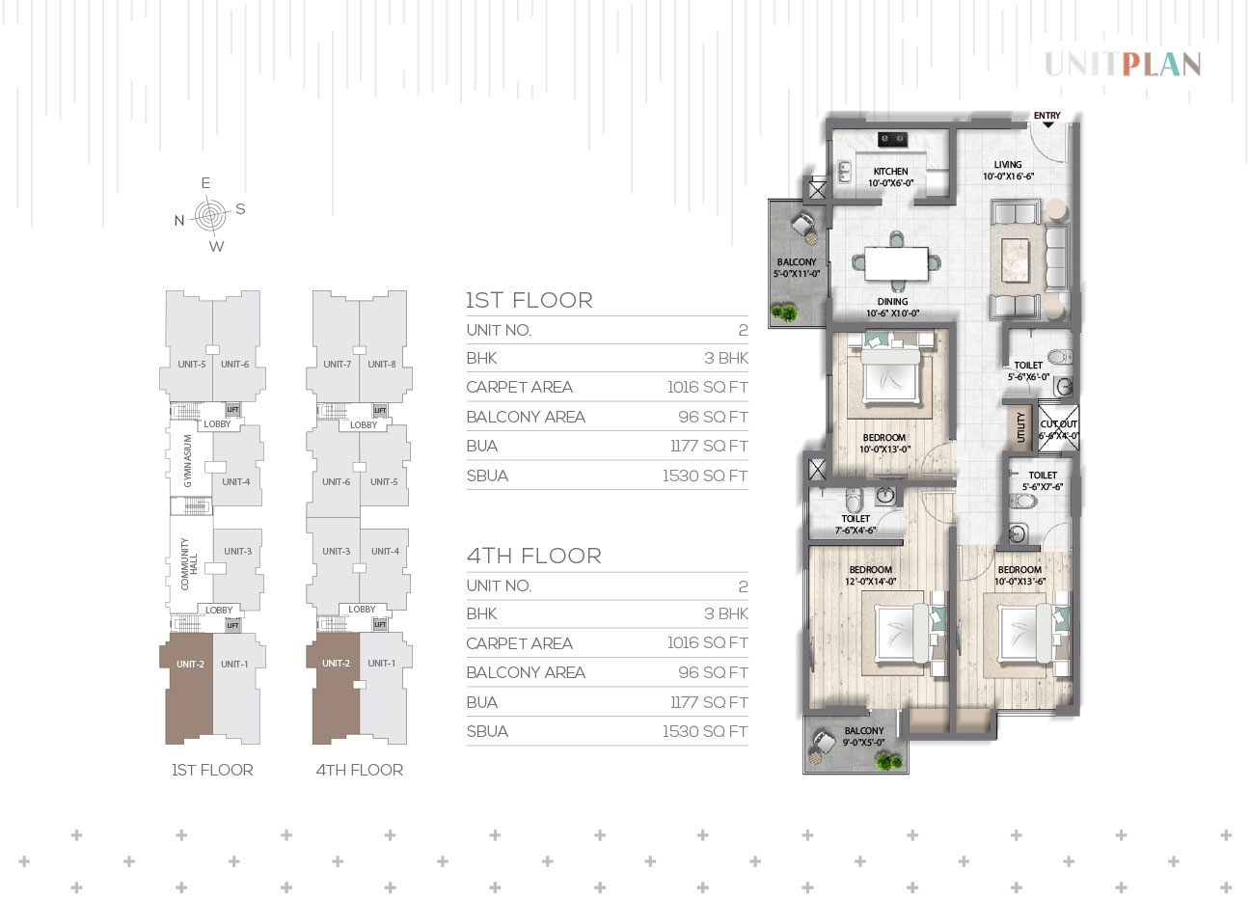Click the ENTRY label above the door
coord(1046,116)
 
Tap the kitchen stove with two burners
coord(892,139)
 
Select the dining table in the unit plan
coord(896,263)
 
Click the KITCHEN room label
coord(890,172)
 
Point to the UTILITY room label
coord(1020,427)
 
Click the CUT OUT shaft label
coord(1059,424)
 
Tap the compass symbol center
coord(210,215)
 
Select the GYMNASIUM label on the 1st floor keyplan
coord(188,460)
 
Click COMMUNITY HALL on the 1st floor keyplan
coord(189,564)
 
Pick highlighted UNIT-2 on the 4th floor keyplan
coord(336,663)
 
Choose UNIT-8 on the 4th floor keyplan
coord(382,364)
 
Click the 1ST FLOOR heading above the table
coord(529,300)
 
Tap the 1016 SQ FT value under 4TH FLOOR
coord(708,643)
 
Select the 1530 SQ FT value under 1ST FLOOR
coord(705,476)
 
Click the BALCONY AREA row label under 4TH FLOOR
coord(526,672)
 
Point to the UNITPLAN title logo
coord(1123,65)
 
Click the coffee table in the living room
coord(1015,259)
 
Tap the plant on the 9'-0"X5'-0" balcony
coord(888,761)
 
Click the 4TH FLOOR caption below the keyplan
coord(360,770)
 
